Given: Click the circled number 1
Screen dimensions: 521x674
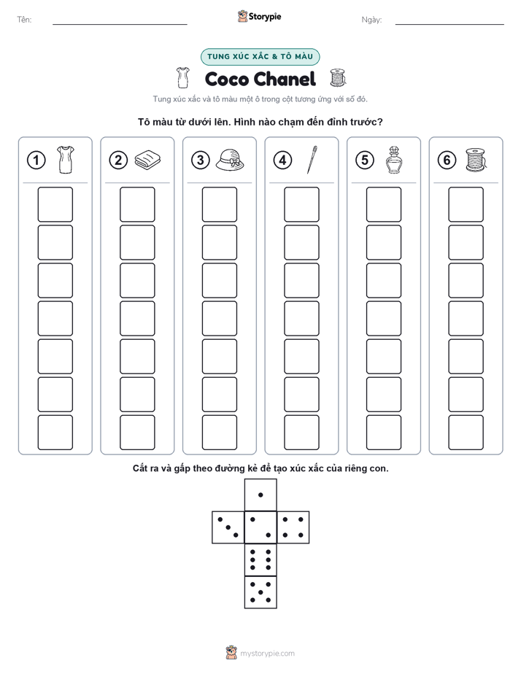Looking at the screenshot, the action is (36, 160).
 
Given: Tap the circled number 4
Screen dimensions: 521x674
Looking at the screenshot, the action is (282, 160).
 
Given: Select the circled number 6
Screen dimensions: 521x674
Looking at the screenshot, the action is (447, 160).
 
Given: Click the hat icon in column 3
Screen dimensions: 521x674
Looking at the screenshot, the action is (230, 160).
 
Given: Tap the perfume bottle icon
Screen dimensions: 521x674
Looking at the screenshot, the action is (393, 160).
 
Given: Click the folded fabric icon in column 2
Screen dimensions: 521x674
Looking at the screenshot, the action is (147, 160).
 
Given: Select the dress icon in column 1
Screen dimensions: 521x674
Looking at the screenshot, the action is (66, 160).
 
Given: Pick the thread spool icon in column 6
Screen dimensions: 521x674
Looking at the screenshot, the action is (476, 160).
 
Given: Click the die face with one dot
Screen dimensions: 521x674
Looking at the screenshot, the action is (260, 495).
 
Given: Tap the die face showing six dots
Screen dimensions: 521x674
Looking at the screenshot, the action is (260, 559).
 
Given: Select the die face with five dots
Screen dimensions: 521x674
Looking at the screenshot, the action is (260, 592).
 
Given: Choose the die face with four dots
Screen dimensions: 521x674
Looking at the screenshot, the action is (293, 527).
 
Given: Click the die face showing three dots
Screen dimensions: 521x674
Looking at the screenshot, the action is (228, 527).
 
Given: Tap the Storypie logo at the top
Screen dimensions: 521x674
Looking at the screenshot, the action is (260, 16).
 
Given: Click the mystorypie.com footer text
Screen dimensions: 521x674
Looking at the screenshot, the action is (267, 654).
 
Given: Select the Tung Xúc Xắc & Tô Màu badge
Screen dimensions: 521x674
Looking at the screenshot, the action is (260, 57).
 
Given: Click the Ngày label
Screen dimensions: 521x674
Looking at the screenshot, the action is (371, 20).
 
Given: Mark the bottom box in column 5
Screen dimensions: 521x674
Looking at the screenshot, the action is (384, 433).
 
